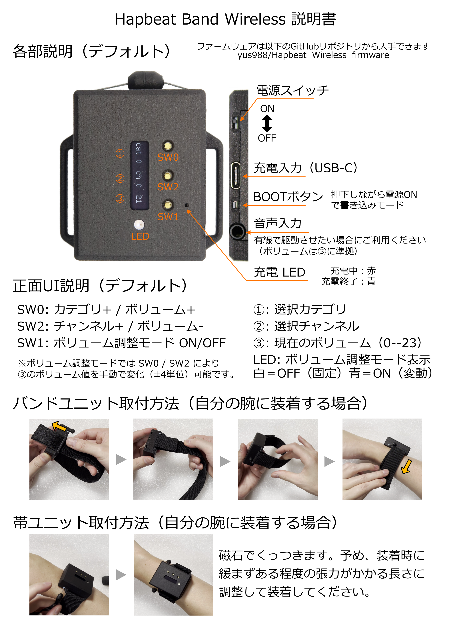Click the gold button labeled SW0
point(167,146)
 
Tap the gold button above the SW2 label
point(167,176)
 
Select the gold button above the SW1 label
point(167,205)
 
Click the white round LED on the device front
point(139,224)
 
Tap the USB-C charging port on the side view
point(235,176)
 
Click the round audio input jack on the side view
point(238,231)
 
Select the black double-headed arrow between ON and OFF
point(267,123)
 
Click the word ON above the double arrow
point(267,109)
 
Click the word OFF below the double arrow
point(267,138)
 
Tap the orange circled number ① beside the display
point(120,153)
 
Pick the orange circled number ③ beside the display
point(120,198)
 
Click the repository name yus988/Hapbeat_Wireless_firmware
point(313,55)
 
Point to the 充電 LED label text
point(279,272)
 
